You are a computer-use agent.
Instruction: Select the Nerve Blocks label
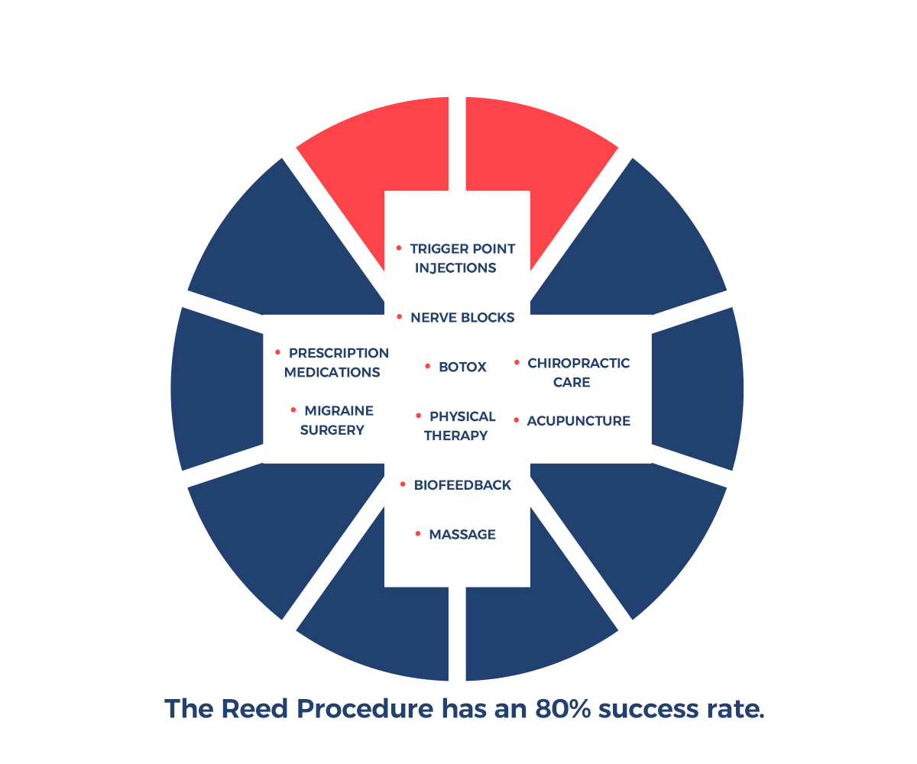pos(462,317)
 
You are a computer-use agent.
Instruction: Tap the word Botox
pos(462,367)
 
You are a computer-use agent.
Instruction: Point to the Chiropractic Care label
pos(578,372)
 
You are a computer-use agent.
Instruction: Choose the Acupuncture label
pos(578,420)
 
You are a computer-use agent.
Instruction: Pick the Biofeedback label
pos(462,485)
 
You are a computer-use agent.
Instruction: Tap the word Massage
pos(462,534)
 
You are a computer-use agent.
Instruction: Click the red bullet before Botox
pos(428,367)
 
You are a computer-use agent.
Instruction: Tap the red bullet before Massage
pos(418,533)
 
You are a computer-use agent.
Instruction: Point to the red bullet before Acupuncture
pos(517,419)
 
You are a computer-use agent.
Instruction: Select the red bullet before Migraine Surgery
pos(293,410)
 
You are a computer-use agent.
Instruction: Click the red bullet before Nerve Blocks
pos(399,316)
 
